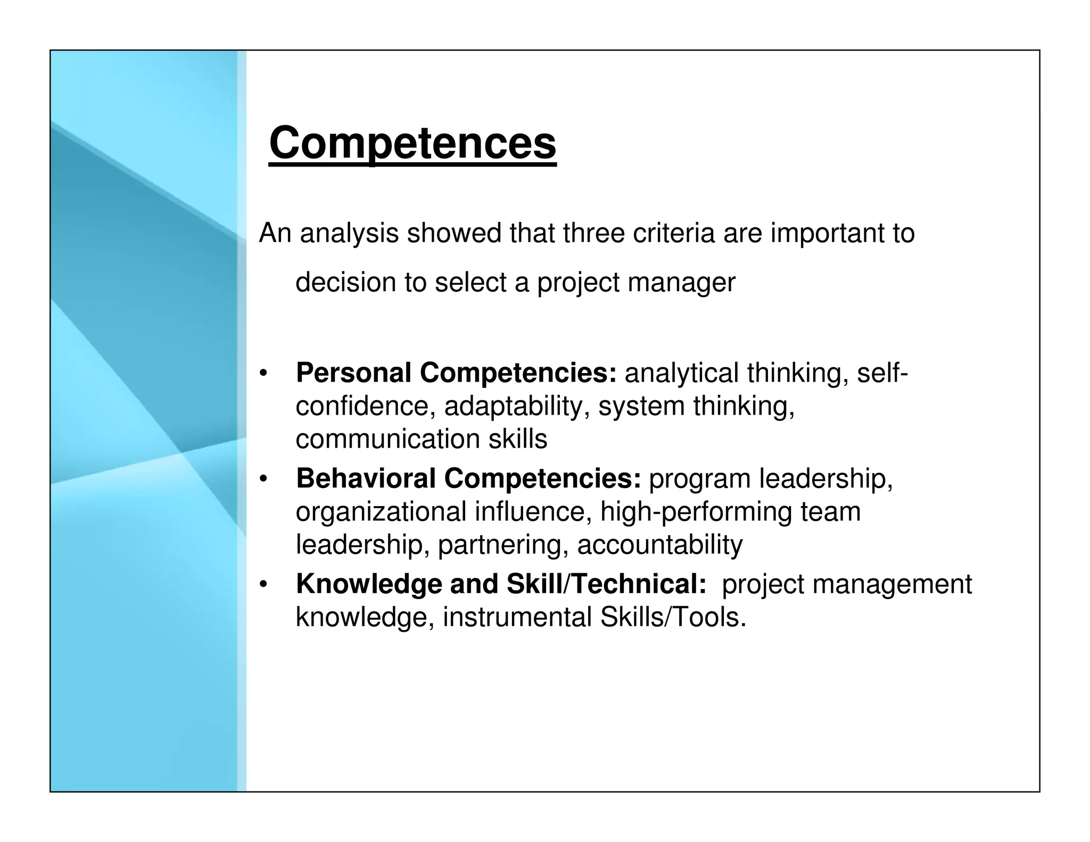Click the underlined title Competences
412,143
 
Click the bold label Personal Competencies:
456,373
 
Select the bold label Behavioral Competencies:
468,478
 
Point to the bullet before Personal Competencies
262,373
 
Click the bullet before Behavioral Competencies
262,479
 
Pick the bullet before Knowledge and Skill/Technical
262,585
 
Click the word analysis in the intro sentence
349,233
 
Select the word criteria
673,233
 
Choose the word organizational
381,511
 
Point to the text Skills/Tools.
673,617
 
